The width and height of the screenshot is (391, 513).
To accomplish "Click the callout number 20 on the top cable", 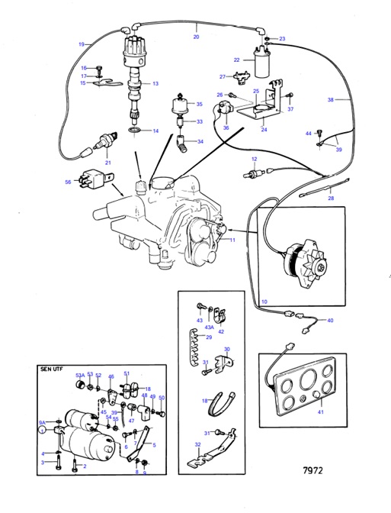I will coord(196,37).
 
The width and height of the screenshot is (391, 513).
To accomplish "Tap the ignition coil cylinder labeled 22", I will coord(265,66).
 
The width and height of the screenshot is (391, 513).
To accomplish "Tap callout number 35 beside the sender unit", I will coord(200,105).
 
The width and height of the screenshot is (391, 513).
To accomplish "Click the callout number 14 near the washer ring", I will coord(156,131).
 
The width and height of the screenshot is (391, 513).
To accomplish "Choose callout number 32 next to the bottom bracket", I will coord(198,445).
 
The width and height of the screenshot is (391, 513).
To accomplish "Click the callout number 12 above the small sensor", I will coord(255,158).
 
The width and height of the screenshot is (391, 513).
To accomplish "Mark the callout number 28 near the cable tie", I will coord(330,198).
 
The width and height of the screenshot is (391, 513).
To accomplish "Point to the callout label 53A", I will coord(79,375).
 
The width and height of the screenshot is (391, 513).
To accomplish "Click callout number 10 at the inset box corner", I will coord(264,302).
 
